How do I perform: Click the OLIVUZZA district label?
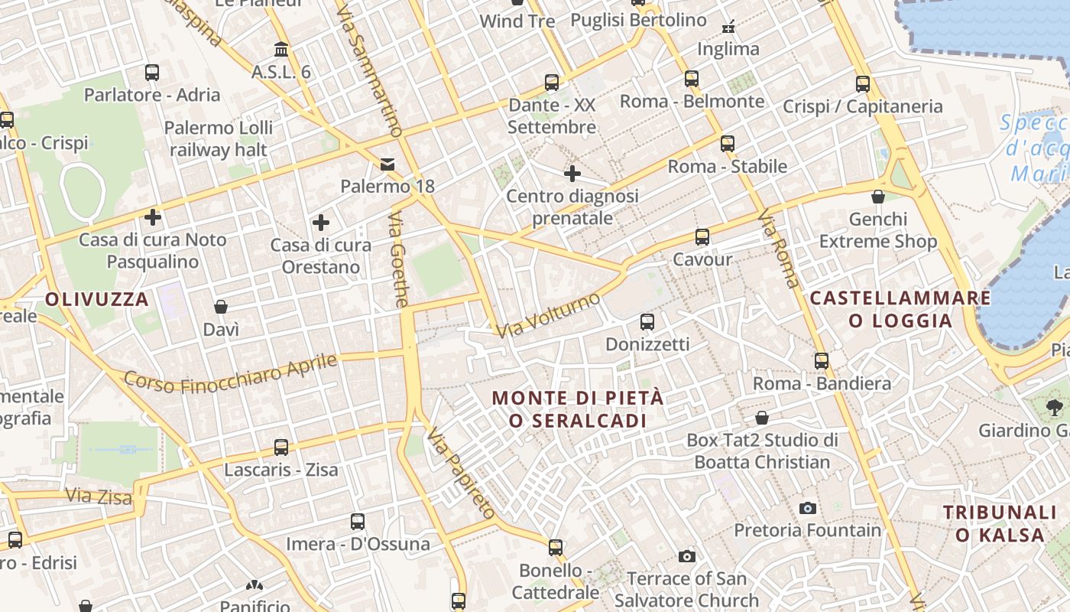(x=96, y=299)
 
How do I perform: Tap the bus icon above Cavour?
(x=702, y=237)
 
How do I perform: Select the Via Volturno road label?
(x=548, y=315)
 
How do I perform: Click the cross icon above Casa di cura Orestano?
(x=321, y=223)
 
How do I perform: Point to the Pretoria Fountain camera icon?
(x=807, y=508)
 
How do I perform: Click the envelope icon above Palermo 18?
(x=387, y=164)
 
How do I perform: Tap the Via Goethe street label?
(x=398, y=260)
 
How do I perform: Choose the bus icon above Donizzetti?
(x=647, y=322)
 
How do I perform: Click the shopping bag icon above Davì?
(x=221, y=307)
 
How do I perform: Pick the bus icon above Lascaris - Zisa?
(x=281, y=448)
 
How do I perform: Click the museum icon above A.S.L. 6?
(x=281, y=50)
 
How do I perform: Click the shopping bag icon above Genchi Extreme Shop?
(x=878, y=197)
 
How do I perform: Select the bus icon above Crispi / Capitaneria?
(x=863, y=84)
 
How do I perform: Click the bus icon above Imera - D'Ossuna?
(x=358, y=522)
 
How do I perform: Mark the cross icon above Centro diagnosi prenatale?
(x=572, y=174)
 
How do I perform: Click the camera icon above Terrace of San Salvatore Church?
(x=686, y=556)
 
